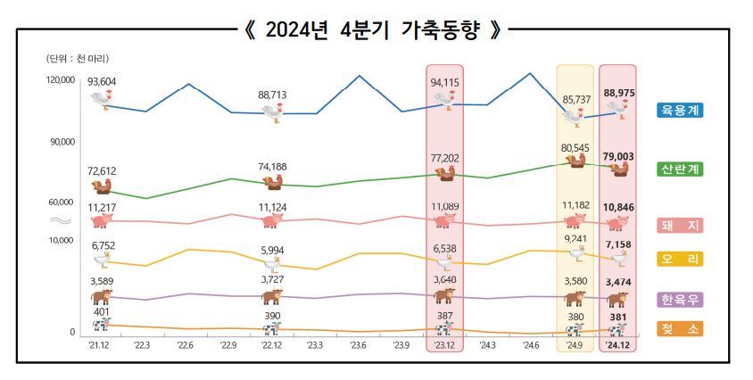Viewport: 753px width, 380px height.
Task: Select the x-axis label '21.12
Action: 99,344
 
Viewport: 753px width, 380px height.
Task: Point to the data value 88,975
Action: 618,92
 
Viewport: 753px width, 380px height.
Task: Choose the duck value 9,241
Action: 575,238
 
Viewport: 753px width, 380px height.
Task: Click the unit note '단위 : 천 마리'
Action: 78,58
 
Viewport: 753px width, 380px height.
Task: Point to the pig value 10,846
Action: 618,207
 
